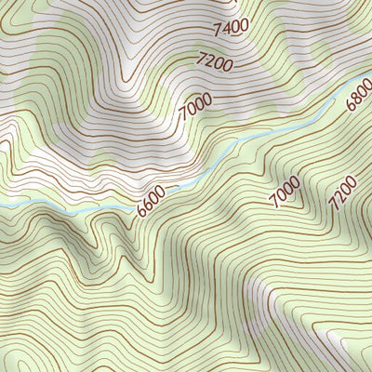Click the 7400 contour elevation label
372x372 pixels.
231,27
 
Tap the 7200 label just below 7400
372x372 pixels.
214,61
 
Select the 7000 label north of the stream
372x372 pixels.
195,109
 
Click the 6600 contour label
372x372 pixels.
151,201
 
